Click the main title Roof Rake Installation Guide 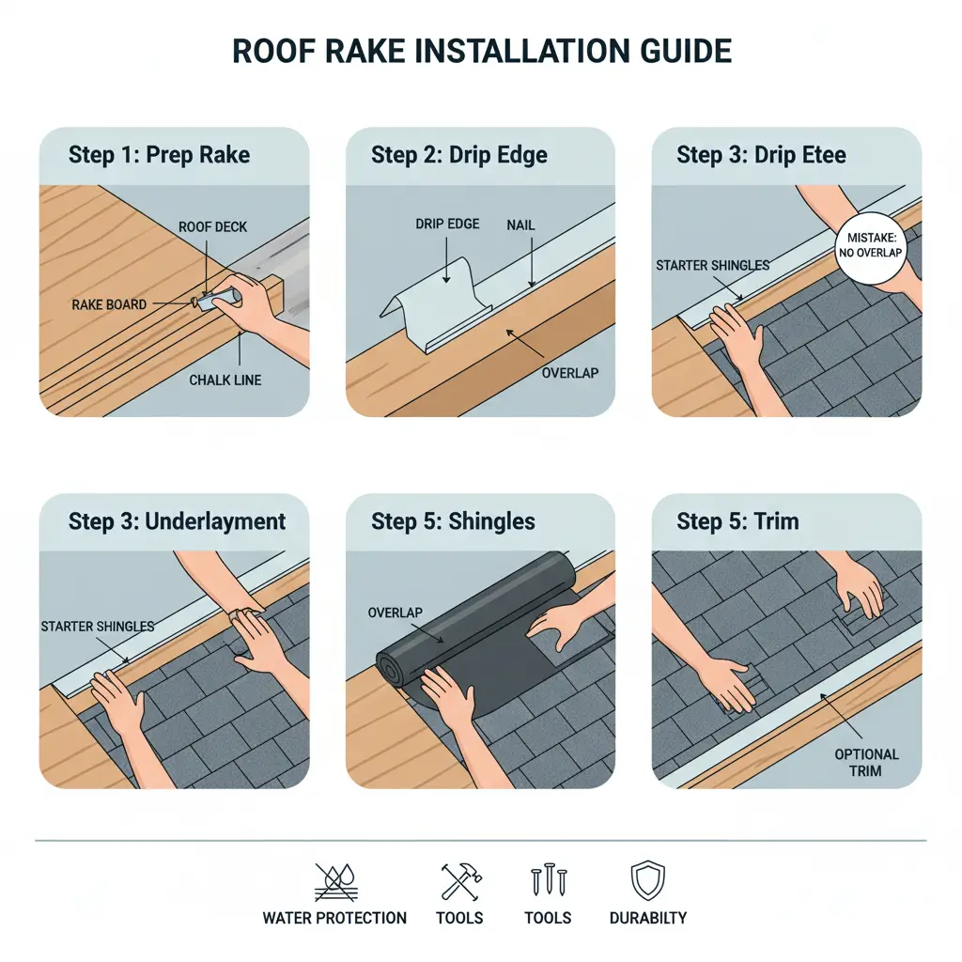coord(480,51)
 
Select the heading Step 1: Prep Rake coord(160,154)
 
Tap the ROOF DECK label coord(213,226)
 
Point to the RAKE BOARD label coord(108,304)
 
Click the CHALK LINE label coord(225,380)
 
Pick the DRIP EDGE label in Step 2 coord(447,224)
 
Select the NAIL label coord(521,225)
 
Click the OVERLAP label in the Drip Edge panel coord(570,372)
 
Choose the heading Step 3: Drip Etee coord(761,154)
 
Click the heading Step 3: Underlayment coord(177,520)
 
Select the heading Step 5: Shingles coord(453,520)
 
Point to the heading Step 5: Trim coord(737,520)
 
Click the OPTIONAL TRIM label coord(866,762)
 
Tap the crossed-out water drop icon coord(334,882)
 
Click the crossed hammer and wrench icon coord(461,882)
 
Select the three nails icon coord(548,881)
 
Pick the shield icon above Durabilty coord(647,881)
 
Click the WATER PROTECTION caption coord(334,918)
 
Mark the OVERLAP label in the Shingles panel coord(396,613)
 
